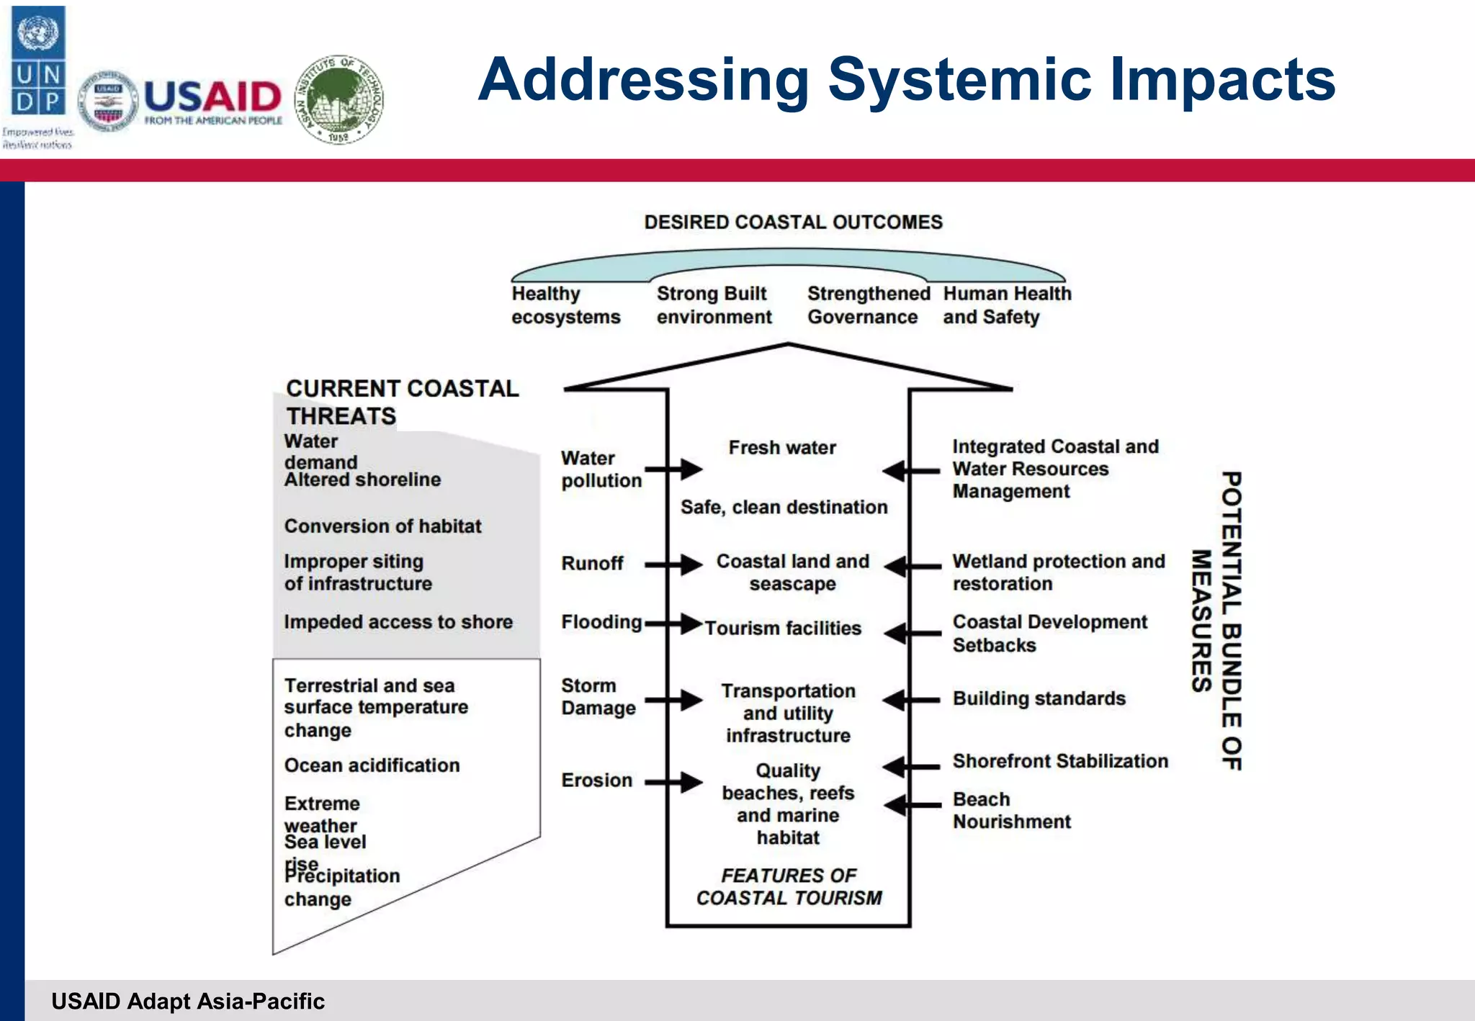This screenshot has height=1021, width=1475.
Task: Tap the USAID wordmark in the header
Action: click(x=213, y=97)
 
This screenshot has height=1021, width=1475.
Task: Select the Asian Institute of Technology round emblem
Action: click(x=339, y=99)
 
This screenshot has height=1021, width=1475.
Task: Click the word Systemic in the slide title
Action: click(x=961, y=79)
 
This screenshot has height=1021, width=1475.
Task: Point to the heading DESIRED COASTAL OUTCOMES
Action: click(x=793, y=222)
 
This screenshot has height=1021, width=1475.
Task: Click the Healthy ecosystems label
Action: click(x=565, y=305)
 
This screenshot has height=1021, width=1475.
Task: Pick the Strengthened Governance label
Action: click(x=868, y=305)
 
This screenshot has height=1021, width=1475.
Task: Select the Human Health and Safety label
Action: click(x=1007, y=305)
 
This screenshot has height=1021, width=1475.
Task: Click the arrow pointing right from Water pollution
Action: click(x=673, y=469)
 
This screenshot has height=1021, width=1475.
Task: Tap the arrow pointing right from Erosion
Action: click(x=673, y=781)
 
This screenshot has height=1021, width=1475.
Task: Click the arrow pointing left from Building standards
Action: click(x=911, y=699)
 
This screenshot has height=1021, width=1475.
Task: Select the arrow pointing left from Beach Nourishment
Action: click(x=911, y=805)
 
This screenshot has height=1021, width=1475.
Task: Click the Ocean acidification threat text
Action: click(x=372, y=765)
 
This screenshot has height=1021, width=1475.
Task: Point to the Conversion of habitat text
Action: click(x=382, y=526)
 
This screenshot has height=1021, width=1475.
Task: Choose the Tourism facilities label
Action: click(x=783, y=629)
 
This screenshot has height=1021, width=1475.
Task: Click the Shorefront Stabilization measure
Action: click(x=1059, y=761)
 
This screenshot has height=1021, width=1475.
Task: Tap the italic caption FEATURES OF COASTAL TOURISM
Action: click(x=789, y=887)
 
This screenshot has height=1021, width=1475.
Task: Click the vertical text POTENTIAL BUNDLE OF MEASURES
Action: click(x=1217, y=621)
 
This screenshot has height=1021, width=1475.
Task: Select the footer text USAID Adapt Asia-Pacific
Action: click(x=188, y=1002)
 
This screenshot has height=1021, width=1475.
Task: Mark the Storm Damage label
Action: click(x=598, y=697)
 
